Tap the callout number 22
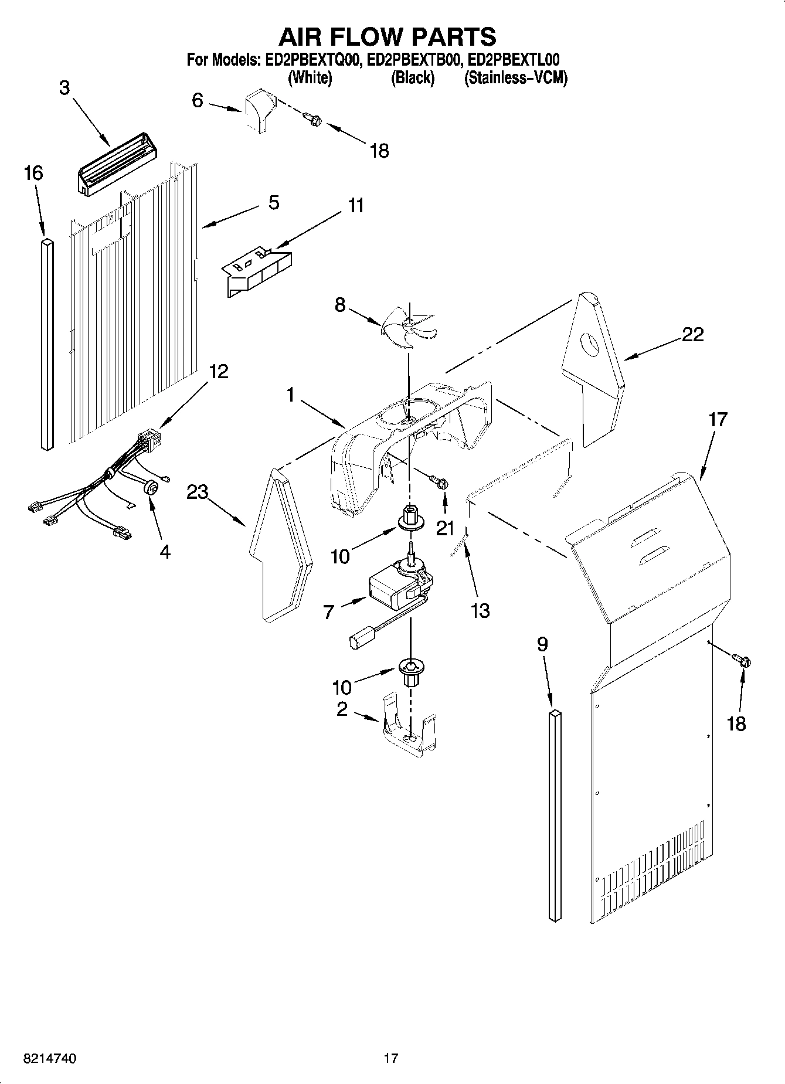click(692, 335)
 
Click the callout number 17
click(718, 420)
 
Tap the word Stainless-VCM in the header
click(515, 78)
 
